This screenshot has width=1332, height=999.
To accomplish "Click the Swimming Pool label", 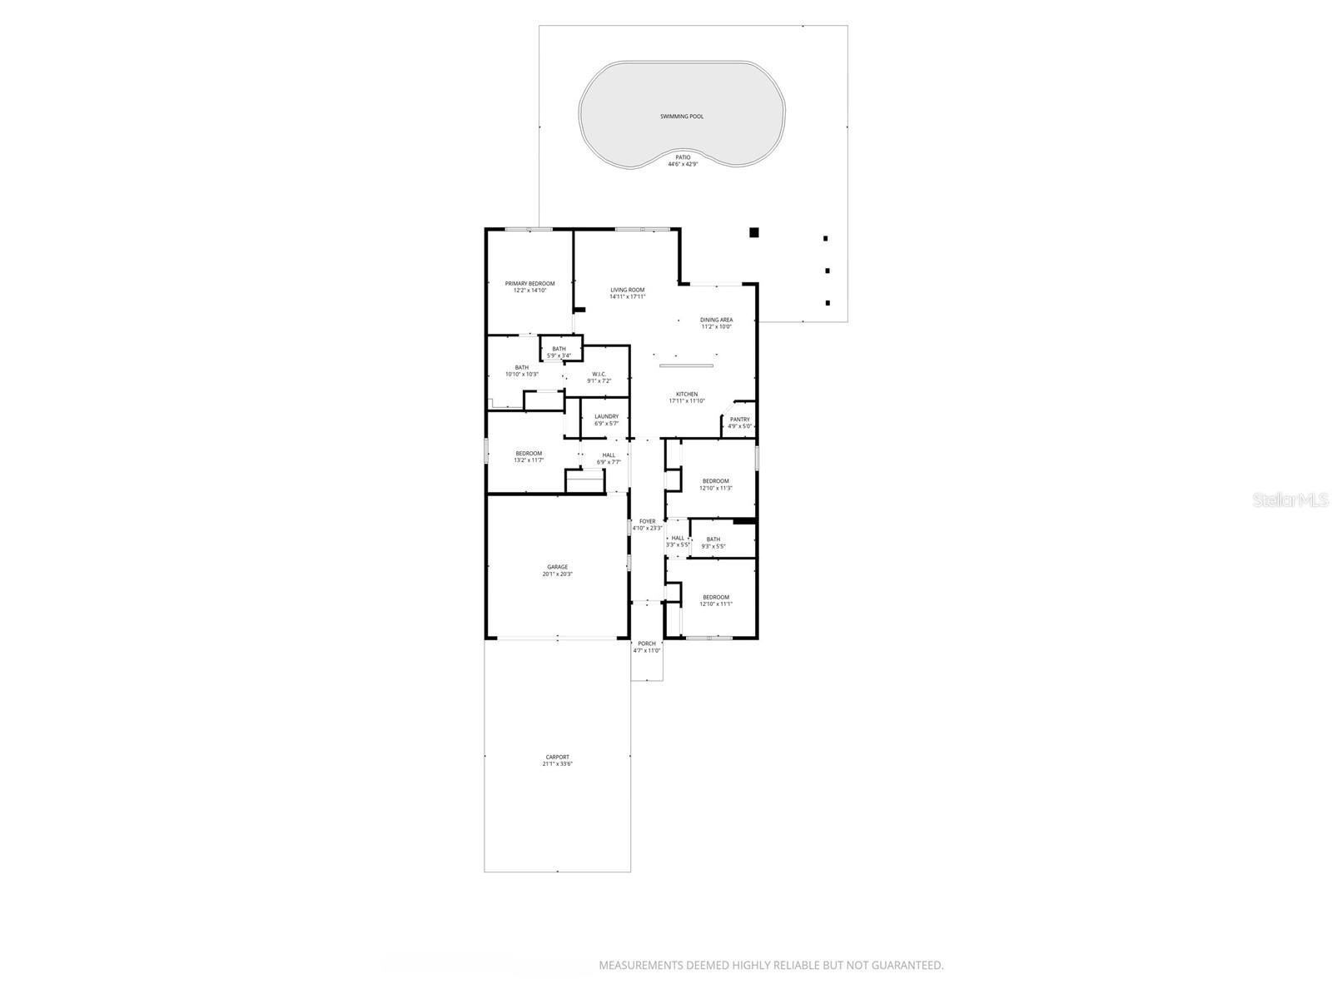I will [x=682, y=117].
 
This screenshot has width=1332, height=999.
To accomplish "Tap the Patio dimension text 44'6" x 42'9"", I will [x=683, y=164].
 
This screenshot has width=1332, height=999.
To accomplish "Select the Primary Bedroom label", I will [x=529, y=284].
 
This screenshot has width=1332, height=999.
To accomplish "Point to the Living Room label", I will [x=627, y=290].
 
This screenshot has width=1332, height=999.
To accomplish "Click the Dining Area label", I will [x=716, y=320].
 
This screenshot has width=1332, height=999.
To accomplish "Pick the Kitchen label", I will [x=687, y=394].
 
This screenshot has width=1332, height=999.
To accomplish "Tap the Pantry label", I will [x=739, y=420].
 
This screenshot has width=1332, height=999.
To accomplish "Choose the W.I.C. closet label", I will [x=599, y=374].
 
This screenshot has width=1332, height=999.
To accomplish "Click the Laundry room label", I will [x=606, y=416].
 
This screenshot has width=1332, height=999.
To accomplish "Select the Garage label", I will [x=557, y=567].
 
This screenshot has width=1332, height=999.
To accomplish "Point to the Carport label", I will [x=557, y=757].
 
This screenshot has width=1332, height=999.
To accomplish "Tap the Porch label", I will [x=646, y=644].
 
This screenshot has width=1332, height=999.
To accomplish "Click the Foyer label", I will [x=647, y=521].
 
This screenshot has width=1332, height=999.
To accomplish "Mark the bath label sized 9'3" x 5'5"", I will [x=713, y=539].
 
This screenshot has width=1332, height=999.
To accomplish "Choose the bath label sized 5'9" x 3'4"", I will [x=559, y=349].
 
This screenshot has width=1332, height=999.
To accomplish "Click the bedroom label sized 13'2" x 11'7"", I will [x=529, y=454].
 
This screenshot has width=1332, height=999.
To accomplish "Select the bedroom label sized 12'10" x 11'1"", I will [x=716, y=597].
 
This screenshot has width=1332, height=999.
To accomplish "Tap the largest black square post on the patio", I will [x=753, y=232].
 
